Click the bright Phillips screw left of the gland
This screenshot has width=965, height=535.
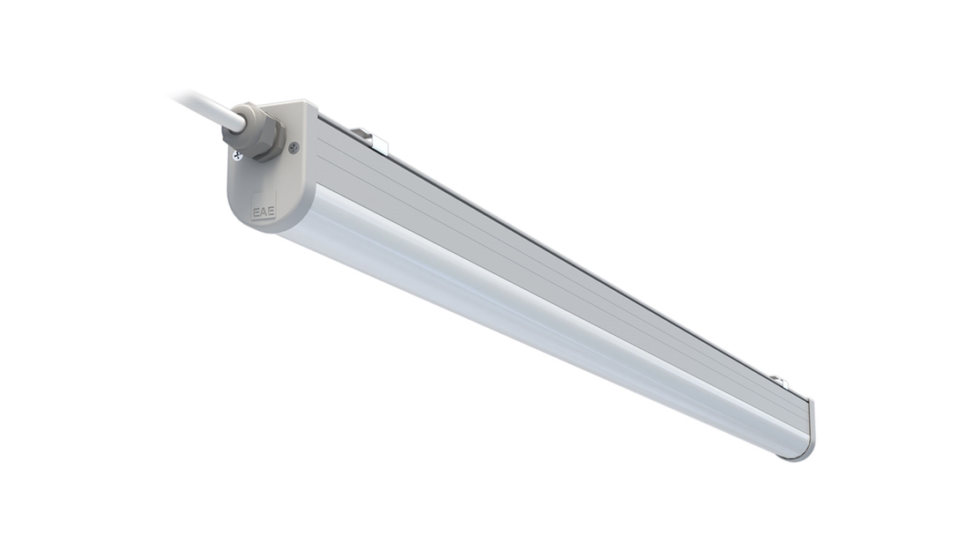[x=238, y=156]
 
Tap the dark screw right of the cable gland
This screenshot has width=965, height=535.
[x=293, y=147]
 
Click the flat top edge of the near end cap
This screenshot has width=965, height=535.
[x=295, y=106]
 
